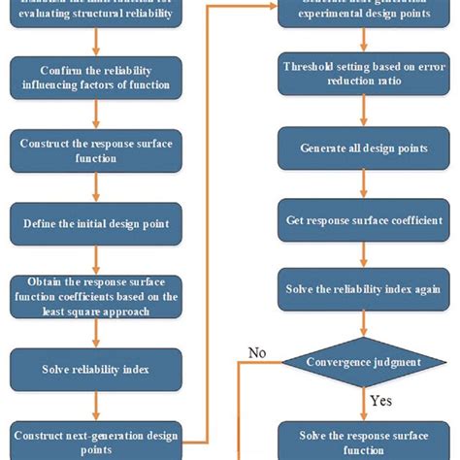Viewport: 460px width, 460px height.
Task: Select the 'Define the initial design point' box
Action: pyautogui.click(x=95, y=223)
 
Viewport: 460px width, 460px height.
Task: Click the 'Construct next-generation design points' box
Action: pyautogui.click(x=95, y=439)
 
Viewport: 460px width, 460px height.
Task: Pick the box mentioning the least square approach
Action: pyautogui.click(x=95, y=297)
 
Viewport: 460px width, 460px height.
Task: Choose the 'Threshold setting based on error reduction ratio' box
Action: pyautogui.click(x=363, y=76)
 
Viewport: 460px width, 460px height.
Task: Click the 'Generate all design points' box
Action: pyautogui.click(x=363, y=148)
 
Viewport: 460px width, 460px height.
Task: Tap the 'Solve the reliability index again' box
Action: pyautogui.click(x=363, y=289)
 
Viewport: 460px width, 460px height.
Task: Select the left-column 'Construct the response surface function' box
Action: pyautogui.click(x=95, y=149)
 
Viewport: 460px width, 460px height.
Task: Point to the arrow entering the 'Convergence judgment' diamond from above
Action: pyautogui.click(x=363, y=325)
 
